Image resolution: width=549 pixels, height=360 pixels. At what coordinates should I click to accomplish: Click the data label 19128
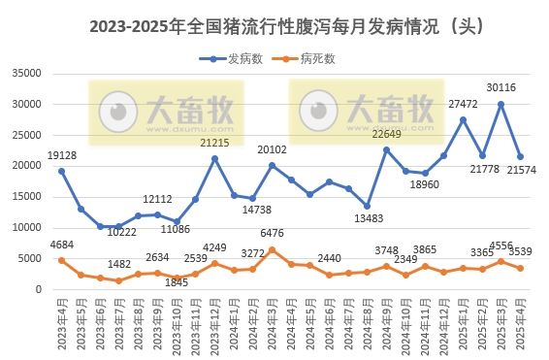pos(61,155)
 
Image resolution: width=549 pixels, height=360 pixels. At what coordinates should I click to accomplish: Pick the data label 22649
pos(386,134)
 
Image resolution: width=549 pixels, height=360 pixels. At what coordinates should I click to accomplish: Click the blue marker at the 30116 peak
pos(501,104)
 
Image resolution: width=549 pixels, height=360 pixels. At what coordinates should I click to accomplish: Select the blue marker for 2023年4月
pos(61,171)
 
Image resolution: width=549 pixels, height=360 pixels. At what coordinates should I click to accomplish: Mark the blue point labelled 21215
pos(215,158)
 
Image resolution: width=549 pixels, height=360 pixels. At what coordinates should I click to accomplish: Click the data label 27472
pos(464,104)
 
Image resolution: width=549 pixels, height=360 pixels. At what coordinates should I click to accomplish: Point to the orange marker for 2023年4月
pos(61,260)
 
